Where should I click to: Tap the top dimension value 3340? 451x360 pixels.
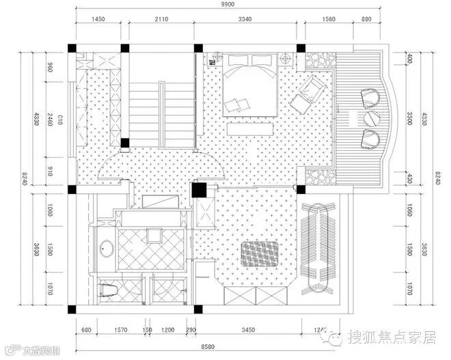pyautogui.click(x=247, y=19)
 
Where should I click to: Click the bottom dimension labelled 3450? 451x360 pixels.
pyautogui.click(x=249, y=330)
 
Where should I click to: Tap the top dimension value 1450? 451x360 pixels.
pyautogui.click(x=98, y=19)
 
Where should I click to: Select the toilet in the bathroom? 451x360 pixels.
pyautogui.click(x=108, y=289)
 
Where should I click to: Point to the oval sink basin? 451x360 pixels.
pyautogui.click(x=107, y=249)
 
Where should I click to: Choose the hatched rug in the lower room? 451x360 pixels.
pyautogui.click(x=259, y=253)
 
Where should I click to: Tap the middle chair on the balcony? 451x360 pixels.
pyautogui.click(x=371, y=117)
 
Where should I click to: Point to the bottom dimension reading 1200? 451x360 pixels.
pyautogui.click(x=168, y=330)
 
